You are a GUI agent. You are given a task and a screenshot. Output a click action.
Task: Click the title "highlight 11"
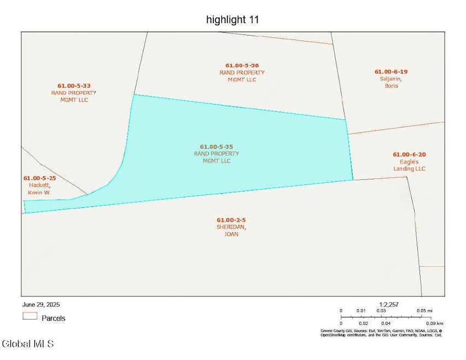coord(232,20)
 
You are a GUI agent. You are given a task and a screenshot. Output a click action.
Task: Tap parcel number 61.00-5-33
coord(74,85)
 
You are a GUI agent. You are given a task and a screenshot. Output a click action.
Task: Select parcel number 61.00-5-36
coord(242,65)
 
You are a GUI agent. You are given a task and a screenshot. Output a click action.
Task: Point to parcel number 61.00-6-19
coord(391,72)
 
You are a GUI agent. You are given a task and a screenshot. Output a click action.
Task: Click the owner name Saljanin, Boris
coord(391,82)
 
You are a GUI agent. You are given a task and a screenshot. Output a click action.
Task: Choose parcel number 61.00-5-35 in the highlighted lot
coord(217,147)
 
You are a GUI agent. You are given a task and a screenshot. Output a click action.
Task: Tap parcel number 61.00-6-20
coord(409,154)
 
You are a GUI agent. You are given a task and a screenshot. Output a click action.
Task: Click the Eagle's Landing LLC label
coord(409,165)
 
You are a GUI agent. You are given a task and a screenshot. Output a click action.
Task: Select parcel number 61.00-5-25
coord(39,178)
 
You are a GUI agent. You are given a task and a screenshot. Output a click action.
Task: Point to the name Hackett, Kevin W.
coord(39,189)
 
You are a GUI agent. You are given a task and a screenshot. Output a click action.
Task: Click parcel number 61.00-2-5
coord(231,220)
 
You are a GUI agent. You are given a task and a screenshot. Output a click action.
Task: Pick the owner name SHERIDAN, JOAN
coord(231,230)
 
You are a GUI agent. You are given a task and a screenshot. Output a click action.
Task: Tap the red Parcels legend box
coord(30,316)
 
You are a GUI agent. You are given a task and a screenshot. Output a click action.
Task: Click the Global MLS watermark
coord(28,344)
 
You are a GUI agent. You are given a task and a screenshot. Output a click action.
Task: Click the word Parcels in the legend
coord(54,318)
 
